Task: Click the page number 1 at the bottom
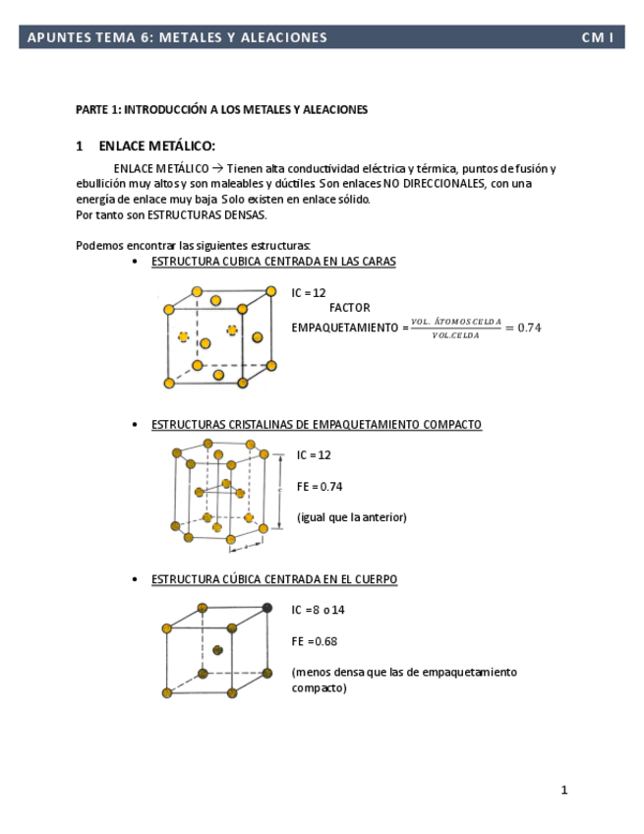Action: pos(564,790)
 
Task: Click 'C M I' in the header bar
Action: pos(598,37)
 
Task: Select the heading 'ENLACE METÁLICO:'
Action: pos(156,146)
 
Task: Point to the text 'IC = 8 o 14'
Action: pos(318,610)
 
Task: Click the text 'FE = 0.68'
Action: pos(315,641)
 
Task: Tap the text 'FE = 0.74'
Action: pos(320,487)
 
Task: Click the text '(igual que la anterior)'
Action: pos(351,517)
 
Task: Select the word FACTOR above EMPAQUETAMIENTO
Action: pos(349,308)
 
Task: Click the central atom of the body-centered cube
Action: pos(217,650)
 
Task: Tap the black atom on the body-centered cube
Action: pos(267,608)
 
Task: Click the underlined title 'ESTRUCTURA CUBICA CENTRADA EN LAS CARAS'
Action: pos(273,262)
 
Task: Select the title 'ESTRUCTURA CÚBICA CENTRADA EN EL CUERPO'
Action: pos(274,579)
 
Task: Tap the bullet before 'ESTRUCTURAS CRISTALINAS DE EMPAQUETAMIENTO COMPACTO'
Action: pos(135,425)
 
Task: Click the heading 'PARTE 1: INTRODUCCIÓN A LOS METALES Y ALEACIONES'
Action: pos(221,109)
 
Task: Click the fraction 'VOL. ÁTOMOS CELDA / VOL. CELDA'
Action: pos(456,328)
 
